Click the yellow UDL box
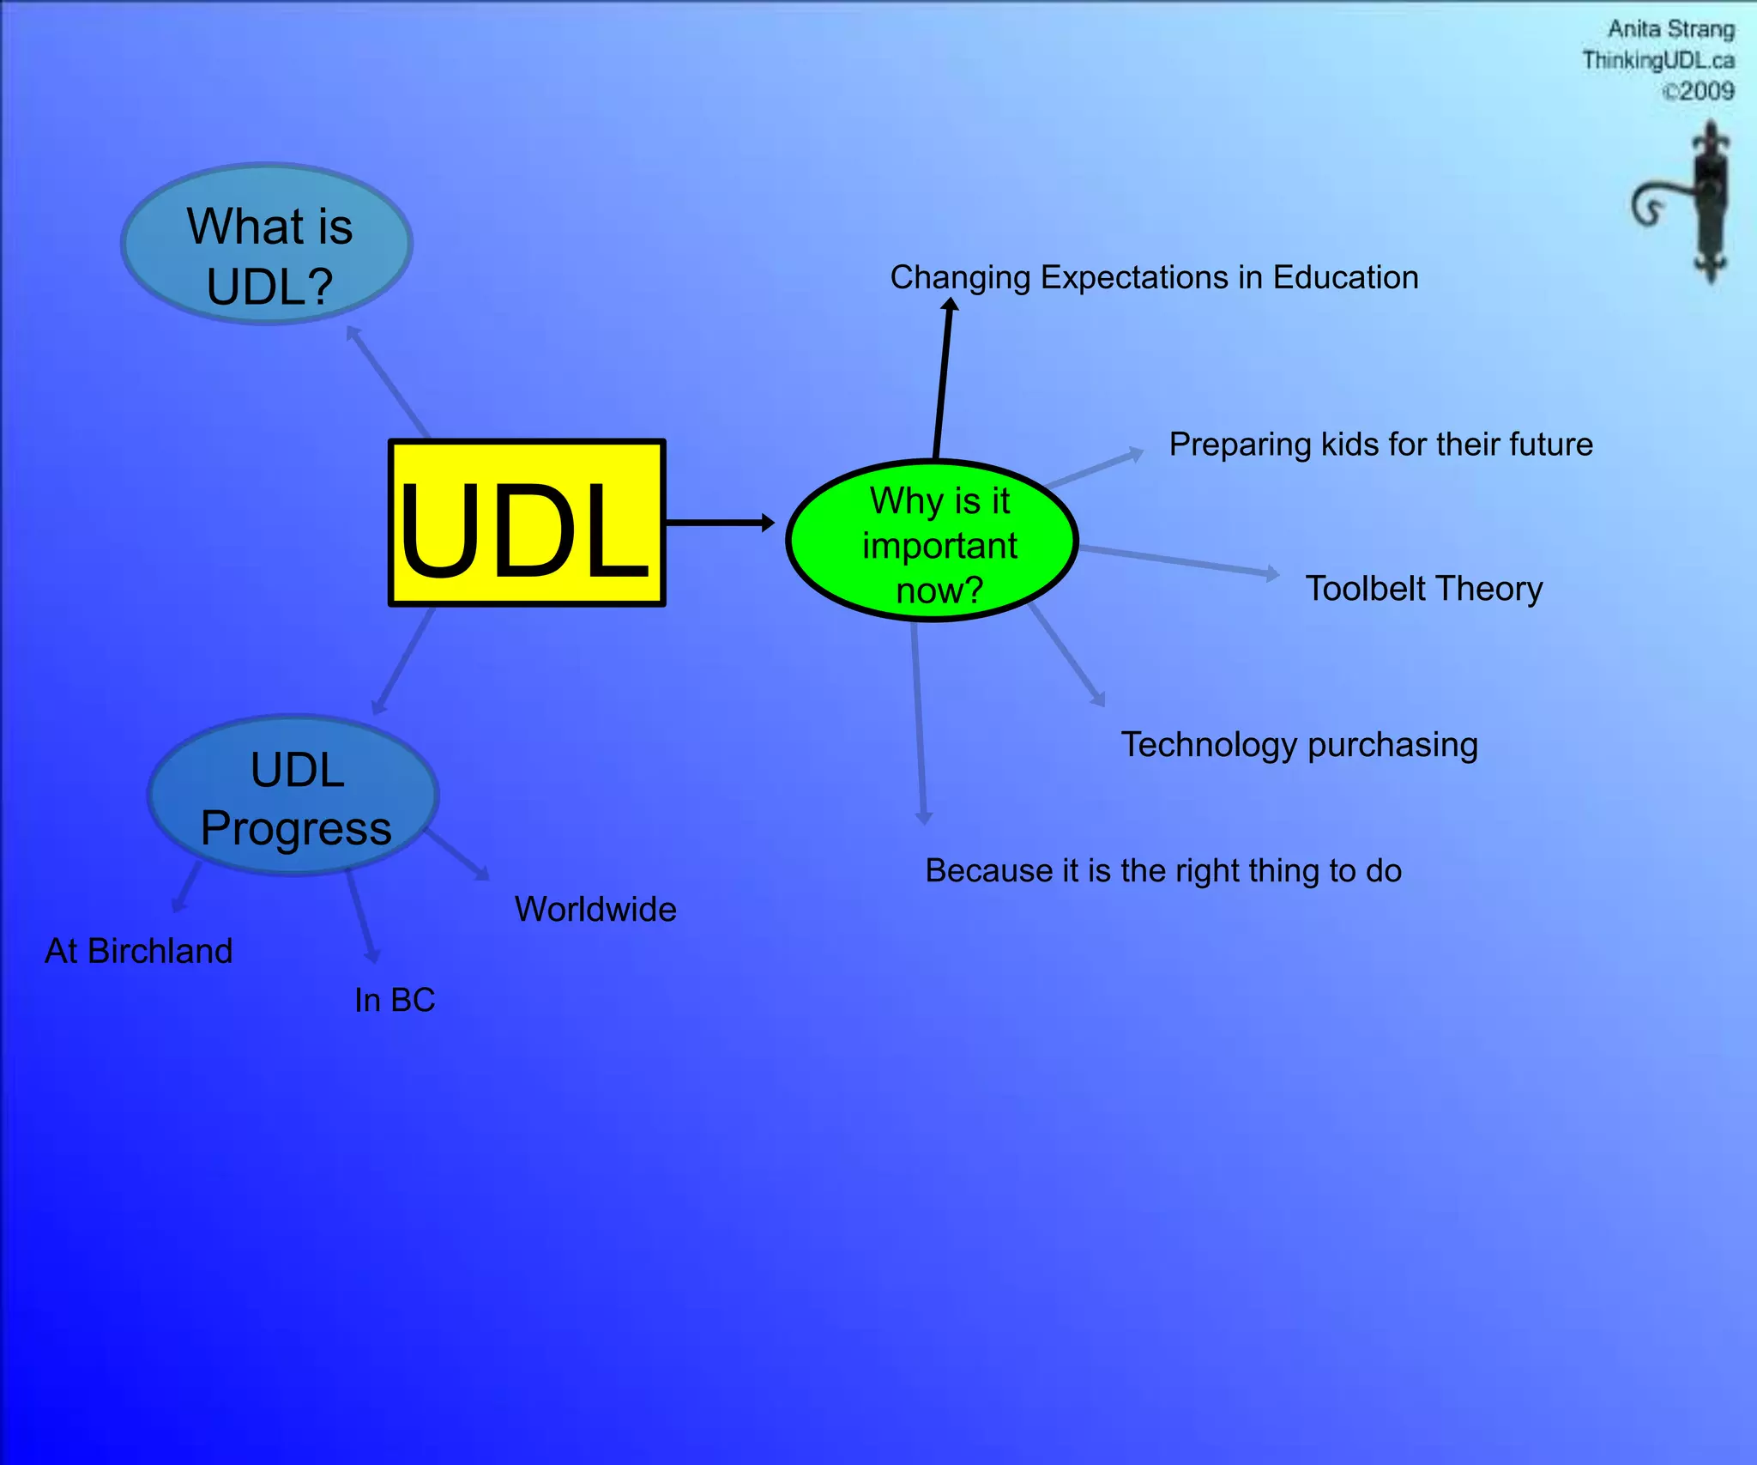[527, 523]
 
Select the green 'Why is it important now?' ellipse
[932, 542]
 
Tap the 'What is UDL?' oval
[267, 245]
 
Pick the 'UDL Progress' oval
[294, 796]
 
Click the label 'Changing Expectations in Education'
[1154, 278]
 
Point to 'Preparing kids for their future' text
[1380, 445]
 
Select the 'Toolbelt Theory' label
[1423, 589]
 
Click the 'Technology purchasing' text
[1299, 745]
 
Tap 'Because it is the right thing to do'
[1162, 871]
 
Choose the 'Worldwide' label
[595, 910]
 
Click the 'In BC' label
[395, 1001]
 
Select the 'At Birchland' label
[139, 951]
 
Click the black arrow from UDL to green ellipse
[719, 523]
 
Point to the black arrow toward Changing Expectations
[943, 378]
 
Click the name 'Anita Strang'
[1669, 29]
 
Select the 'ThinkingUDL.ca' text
[1657, 60]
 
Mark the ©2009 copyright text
[1698, 91]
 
